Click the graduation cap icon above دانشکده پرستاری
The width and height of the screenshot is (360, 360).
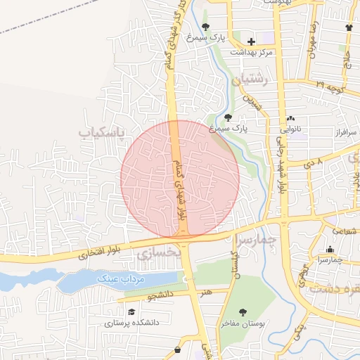click(131, 311)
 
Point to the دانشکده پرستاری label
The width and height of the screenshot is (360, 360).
click(132, 323)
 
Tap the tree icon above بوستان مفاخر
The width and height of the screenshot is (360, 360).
click(243, 311)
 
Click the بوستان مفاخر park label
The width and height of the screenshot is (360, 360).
click(243, 323)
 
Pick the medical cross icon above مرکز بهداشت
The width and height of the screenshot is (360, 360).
click(251, 41)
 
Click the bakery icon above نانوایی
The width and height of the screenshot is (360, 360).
click(290, 118)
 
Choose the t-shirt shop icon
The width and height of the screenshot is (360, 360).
click(349, 27)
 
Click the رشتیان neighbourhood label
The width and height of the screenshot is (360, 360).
click(254, 81)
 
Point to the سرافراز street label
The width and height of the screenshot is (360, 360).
click(346, 131)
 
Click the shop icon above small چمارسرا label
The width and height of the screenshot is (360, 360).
click(330, 248)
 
